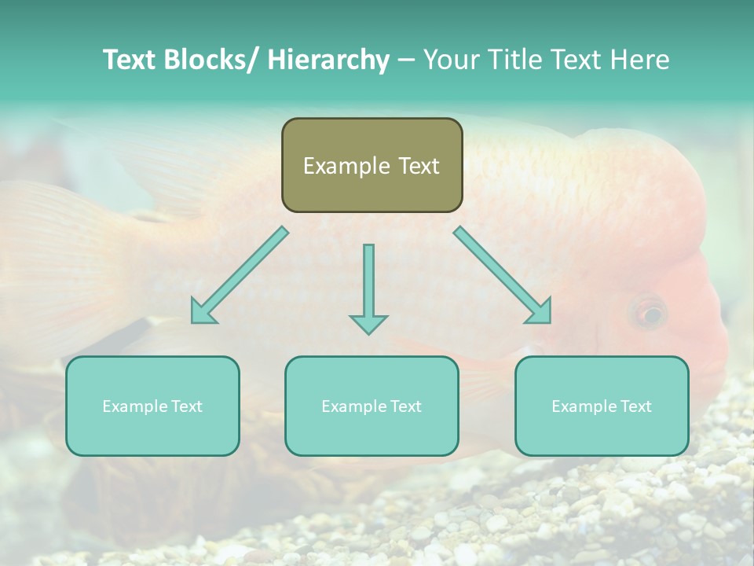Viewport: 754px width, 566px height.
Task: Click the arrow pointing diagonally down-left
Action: (x=239, y=275)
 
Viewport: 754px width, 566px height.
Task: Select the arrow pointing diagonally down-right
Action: (x=503, y=275)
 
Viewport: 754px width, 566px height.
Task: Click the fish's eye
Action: (x=650, y=314)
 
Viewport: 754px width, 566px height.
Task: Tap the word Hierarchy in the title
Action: (x=328, y=60)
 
